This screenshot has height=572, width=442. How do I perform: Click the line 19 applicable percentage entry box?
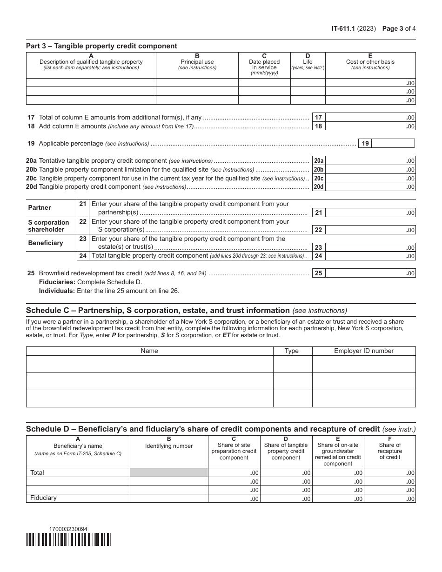[393, 143]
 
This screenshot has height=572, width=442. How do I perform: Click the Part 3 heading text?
[101, 46]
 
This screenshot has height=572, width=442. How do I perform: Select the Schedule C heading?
[158, 311]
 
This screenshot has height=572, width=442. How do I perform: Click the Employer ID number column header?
[363, 351]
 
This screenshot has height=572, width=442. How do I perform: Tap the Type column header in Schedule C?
[292, 351]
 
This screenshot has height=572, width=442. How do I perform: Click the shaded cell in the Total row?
[169, 472]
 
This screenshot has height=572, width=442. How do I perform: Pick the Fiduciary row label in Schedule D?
[43, 498]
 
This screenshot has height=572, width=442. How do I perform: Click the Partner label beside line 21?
[40, 207]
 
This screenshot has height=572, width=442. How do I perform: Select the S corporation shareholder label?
[48, 226]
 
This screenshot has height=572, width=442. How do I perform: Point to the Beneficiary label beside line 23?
[45, 243]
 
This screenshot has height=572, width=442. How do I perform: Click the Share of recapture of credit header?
[389, 451]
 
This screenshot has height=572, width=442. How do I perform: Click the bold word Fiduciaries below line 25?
[57, 282]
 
